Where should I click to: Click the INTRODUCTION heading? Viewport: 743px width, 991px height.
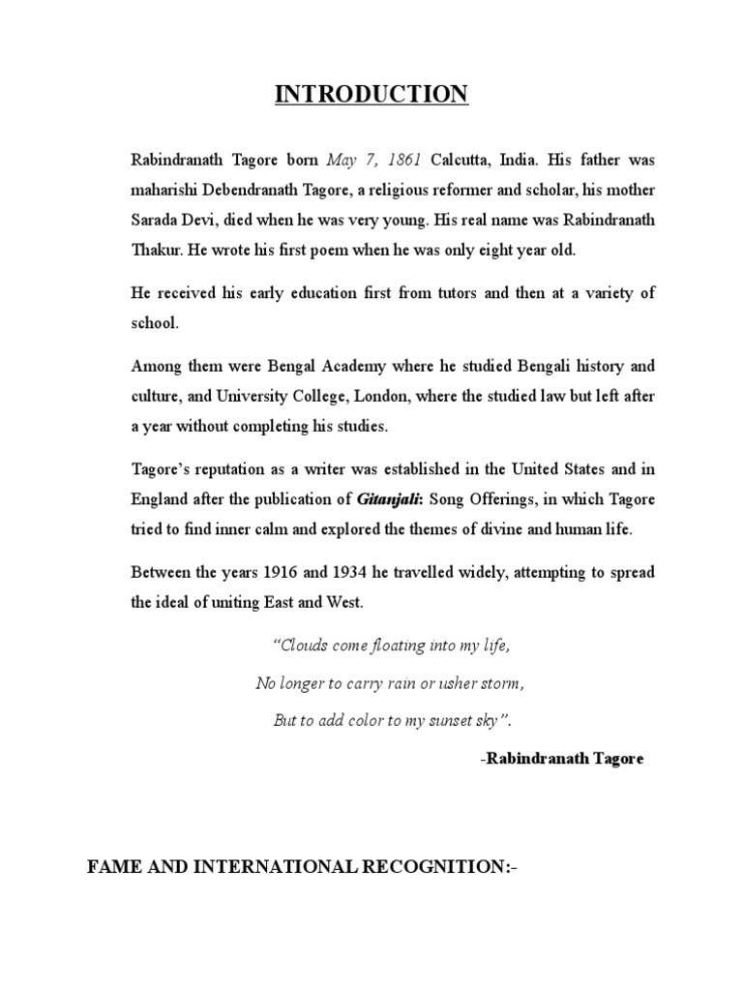point(372,94)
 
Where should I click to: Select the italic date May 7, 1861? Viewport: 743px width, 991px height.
point(368,158)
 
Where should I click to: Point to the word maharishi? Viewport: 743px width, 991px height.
point(165,189)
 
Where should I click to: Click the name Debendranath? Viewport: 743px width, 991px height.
point(253,189)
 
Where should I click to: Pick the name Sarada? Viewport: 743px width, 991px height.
point(157,220)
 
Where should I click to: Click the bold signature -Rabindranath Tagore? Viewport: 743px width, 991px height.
point(561,760)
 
